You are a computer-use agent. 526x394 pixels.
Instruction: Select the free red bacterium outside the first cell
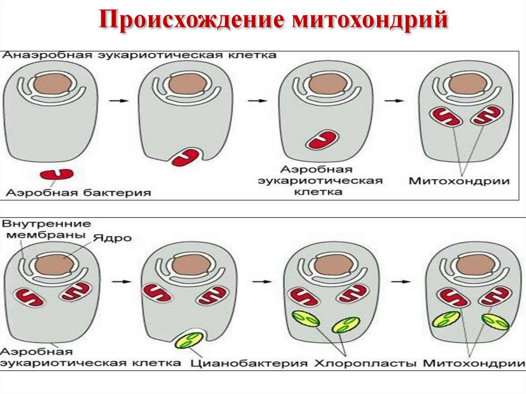tap(57, 174)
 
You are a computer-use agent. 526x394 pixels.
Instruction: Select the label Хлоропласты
tap(365, 363)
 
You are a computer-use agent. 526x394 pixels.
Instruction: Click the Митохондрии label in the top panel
tap(459, 181)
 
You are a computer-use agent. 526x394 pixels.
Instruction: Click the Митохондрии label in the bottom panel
tap(474, 363)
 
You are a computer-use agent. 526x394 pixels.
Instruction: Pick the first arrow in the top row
tap(118, 101)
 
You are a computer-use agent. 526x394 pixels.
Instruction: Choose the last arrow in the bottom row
tap(403, 281)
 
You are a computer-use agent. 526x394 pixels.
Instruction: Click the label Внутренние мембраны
tap(46, 230)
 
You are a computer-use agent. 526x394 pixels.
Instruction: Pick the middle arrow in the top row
tap(255, 101)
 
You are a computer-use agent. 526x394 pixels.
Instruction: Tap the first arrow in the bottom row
tap(119, 282)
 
